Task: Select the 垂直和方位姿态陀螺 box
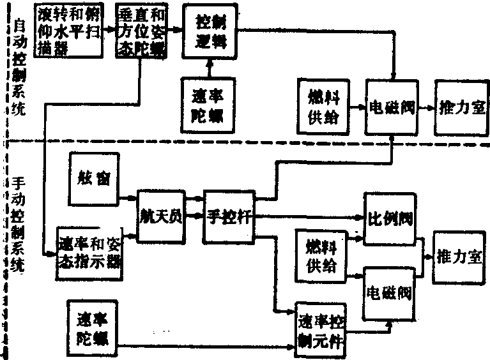click(140, 31)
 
